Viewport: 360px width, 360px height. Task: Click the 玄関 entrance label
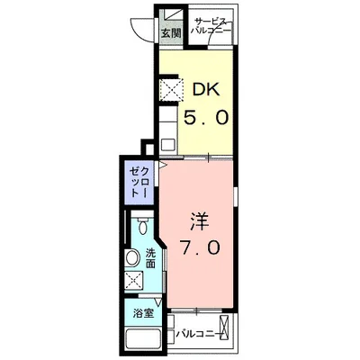[172, 33]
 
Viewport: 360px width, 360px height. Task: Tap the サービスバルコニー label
[212, 26]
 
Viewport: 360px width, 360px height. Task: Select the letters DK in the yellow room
[206, 89]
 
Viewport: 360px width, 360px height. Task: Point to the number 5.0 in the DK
[206, 117]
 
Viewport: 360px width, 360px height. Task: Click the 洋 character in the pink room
[199, 221]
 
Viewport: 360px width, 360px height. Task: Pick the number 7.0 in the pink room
[199, 247]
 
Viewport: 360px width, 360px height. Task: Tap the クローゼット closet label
[139, 182]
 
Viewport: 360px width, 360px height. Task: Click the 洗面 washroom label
[150, 258]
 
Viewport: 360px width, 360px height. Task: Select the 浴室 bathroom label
[143, 314]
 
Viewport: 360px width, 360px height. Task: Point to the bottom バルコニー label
[199, 334]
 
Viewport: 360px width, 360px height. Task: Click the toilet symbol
[143, 225]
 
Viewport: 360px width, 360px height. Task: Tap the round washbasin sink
[132, 257]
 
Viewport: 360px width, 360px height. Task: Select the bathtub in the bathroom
[142, 340]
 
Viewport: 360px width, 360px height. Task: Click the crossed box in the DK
[171, 89]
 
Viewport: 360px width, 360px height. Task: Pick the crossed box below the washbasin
[133, 281]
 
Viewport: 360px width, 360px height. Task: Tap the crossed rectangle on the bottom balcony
[224, 328]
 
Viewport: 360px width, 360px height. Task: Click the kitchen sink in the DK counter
[168, 145]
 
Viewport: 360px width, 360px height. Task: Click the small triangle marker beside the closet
[162, 165]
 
